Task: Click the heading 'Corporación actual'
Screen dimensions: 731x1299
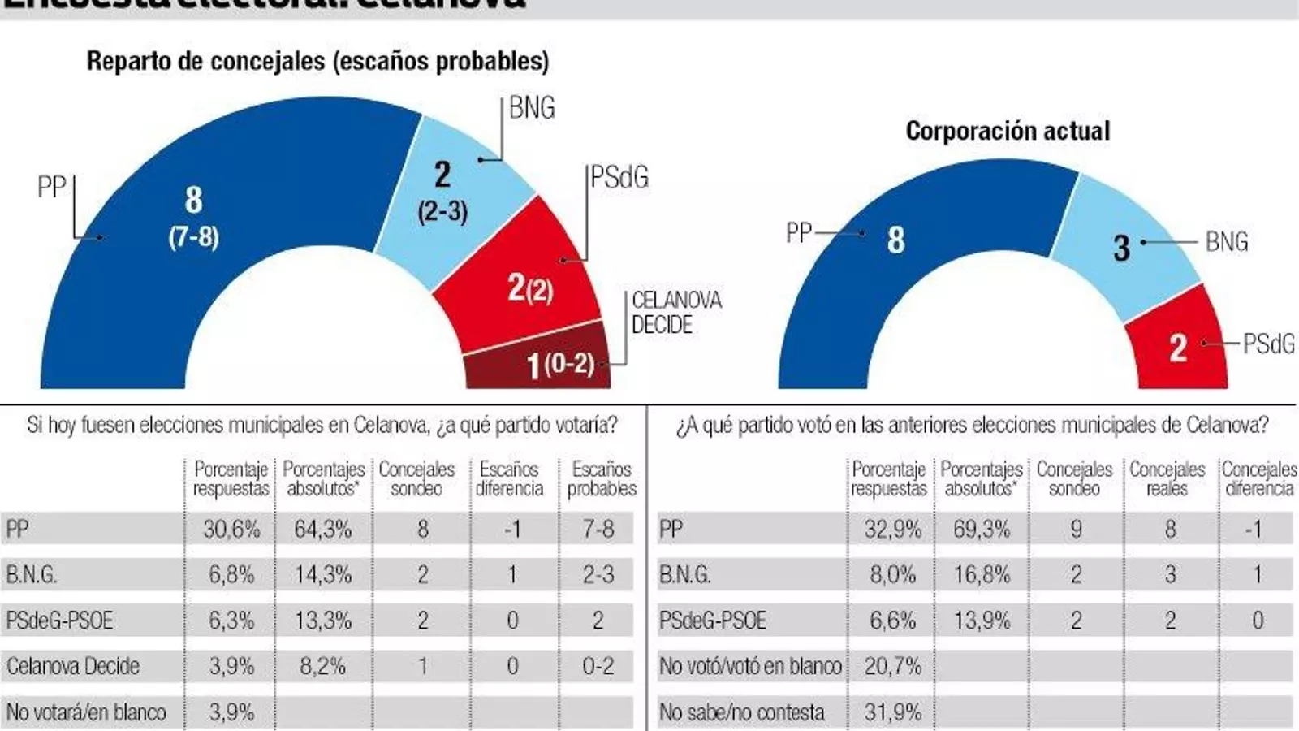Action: click(x=1008, y=131)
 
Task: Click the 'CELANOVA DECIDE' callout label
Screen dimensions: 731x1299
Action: click(x=675, y=313)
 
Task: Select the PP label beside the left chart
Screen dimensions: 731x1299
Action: click(x=51, y=188)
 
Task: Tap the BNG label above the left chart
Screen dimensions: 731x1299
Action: click(x=532, y=108)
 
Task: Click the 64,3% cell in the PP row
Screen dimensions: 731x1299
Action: click(x=323, y=530)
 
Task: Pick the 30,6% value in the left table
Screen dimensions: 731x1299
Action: click(x=231, y=530)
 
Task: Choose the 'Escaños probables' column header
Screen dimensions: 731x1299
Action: click(x=602, y=479)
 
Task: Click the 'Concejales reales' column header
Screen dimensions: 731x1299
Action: click(x=1167, y=479)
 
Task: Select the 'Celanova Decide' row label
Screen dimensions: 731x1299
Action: click(x=73, y=666)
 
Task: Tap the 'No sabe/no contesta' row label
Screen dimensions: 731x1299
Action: click(x=741, y=712)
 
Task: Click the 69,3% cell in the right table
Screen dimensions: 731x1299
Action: click(x=982, y=530)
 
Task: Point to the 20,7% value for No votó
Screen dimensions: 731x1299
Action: click(x=892, y=666)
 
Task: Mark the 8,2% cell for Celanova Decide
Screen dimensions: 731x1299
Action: click(x=323, y=666)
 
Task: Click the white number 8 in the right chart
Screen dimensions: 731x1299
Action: click(x=895, y=240)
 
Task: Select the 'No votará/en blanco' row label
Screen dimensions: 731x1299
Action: click(x=86, y=712)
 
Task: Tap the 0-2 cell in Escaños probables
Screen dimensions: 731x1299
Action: click(x=598, y=666)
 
